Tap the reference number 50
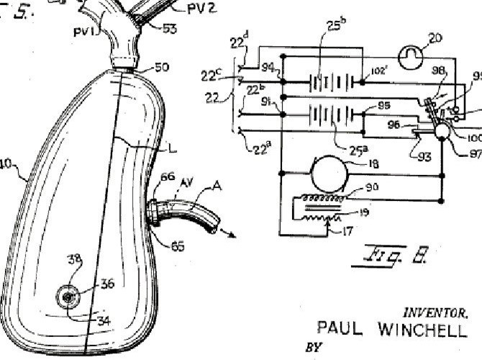tap(162, 68)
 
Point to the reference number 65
tap(178, 246)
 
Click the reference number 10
tap(5, 163)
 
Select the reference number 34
tap(104, 321)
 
